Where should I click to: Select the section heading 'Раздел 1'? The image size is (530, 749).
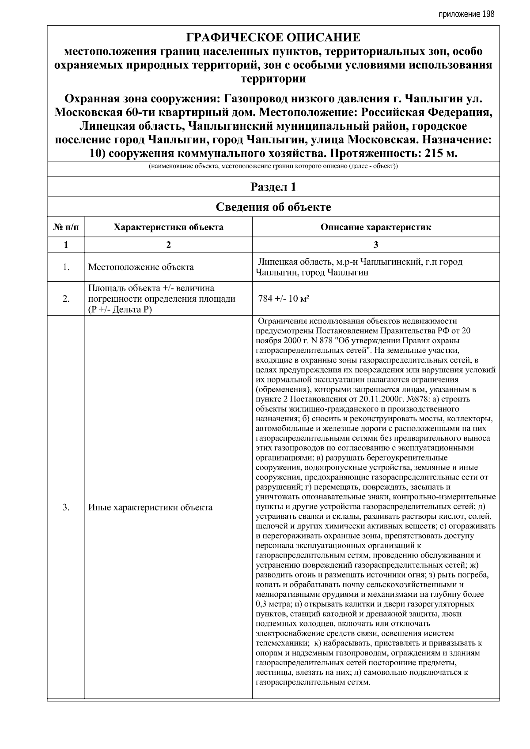point(273,187)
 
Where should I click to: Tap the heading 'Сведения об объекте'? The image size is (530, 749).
point(273,207)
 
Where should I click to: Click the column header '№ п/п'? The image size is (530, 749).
point(66,228)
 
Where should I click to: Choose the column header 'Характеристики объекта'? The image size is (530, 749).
point(168,228)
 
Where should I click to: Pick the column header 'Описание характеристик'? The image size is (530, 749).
point(375,228)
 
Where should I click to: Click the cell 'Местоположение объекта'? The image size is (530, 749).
point(141,267)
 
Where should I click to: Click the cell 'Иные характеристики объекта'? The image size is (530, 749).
point(150,507)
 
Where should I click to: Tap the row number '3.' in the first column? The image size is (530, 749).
point(66,507)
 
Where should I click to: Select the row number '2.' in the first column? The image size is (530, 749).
point(66,299)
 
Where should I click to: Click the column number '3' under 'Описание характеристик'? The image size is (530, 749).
point(375,245)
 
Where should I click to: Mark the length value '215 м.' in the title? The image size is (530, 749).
point(440,154)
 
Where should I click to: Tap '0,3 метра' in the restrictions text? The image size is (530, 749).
point(273,604)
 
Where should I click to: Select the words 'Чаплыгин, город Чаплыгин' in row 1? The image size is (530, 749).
point(312,273)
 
